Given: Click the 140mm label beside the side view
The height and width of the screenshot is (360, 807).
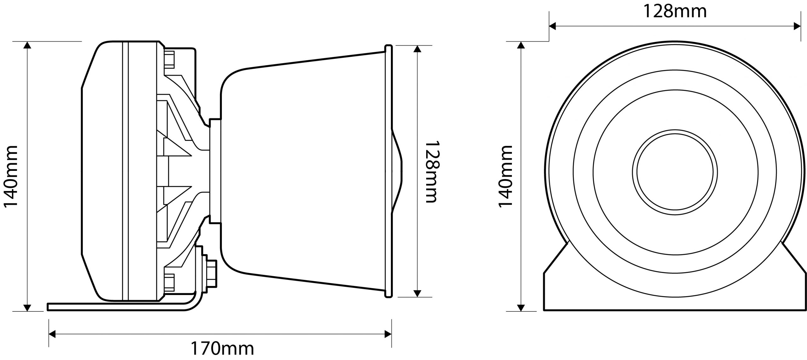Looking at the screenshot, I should click(x=11, y=176).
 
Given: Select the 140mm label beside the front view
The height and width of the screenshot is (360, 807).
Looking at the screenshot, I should click(x=505, y=176).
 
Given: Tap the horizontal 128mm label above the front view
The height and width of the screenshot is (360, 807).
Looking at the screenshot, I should click(x=675, y=11).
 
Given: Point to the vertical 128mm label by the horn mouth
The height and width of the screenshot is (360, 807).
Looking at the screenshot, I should click(x=431, y=171).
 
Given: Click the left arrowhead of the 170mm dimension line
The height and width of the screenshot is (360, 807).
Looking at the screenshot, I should click(x=52, y=334).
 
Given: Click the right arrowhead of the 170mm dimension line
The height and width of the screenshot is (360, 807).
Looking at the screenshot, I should click(x=388, y=334).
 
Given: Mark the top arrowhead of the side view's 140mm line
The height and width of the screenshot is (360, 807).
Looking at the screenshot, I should click(x=27, y=45).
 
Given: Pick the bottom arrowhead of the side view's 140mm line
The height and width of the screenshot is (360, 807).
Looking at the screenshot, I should click(x=27, y=308).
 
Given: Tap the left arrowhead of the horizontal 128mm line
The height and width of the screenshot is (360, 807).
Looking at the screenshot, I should click(x=553, y=26).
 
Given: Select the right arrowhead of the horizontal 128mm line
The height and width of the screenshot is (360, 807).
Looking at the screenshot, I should click(x=797, y=26).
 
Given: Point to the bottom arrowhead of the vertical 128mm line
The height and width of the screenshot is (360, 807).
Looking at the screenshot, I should click(x=417, y=293).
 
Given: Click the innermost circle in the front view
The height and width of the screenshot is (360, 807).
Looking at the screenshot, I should click(x=675, y=171).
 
